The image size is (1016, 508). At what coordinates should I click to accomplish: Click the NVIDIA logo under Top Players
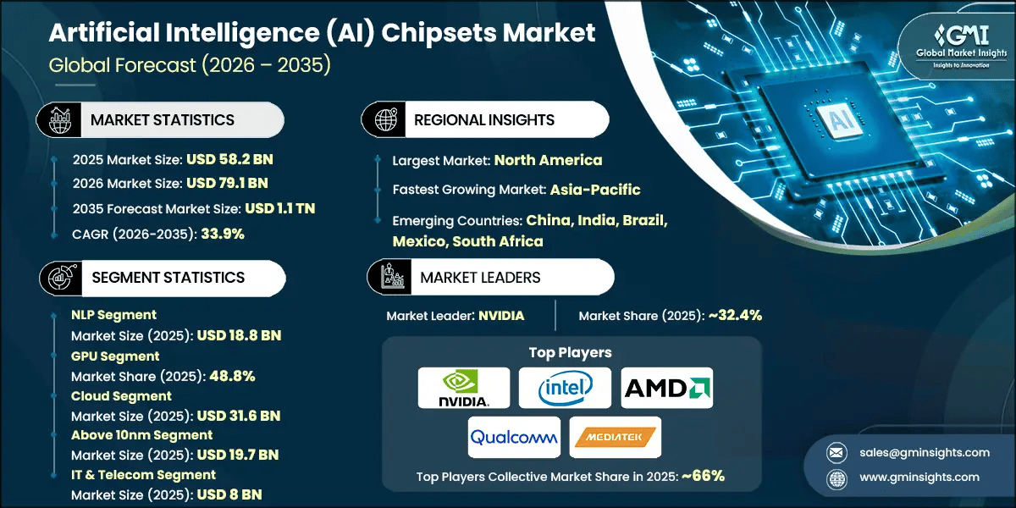464,388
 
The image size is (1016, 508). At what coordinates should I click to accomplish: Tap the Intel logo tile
566,388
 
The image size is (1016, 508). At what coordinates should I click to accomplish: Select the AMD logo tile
667,388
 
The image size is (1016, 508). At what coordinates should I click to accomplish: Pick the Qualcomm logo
514,437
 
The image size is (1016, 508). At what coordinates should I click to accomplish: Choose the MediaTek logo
616,437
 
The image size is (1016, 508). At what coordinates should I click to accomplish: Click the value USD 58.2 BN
229,158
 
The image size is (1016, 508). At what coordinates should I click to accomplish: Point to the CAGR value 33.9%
223,234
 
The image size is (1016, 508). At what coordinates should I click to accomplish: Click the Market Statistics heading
162,120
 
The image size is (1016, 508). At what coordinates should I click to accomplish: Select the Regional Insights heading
483,120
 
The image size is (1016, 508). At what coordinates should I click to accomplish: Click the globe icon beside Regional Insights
386,120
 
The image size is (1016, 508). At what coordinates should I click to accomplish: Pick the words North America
548,160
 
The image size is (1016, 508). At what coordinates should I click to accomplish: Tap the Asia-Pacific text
594,190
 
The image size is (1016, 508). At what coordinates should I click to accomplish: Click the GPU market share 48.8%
226,376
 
